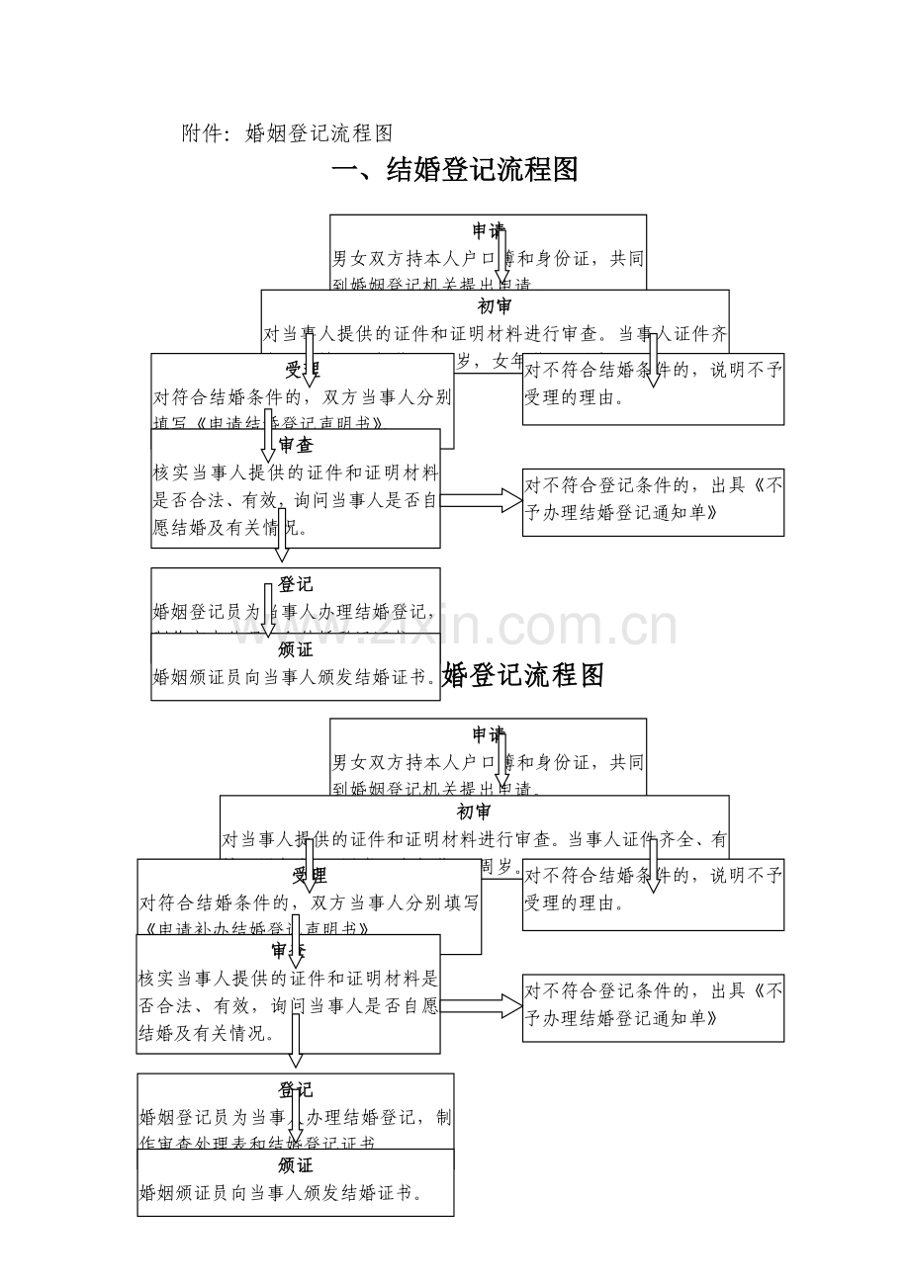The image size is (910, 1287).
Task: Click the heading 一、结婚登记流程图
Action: point(454,170)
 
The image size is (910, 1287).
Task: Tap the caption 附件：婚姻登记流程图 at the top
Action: point(288,133)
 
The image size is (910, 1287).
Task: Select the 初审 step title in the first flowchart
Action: point(495,306)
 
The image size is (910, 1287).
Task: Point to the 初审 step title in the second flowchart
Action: point(474,813)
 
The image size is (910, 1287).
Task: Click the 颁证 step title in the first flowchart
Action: point(296,649)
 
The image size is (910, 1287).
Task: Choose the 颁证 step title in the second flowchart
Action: point(296,1165)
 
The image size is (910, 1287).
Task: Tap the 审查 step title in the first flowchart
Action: point(296,445)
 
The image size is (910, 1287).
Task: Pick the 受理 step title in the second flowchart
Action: point(309,875)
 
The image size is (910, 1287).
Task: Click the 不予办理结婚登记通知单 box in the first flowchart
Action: point(653,501)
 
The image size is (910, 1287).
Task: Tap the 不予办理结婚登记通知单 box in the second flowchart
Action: point(653,1006)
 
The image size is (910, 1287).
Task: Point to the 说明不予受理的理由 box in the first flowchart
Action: point(653,388)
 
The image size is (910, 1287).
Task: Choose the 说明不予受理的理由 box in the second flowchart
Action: point(653,894)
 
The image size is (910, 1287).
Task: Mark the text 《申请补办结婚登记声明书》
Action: point(256,930)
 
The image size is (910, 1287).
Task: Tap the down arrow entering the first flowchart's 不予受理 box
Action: point(653,361)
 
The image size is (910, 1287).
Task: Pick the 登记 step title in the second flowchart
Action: point(296,1090)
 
